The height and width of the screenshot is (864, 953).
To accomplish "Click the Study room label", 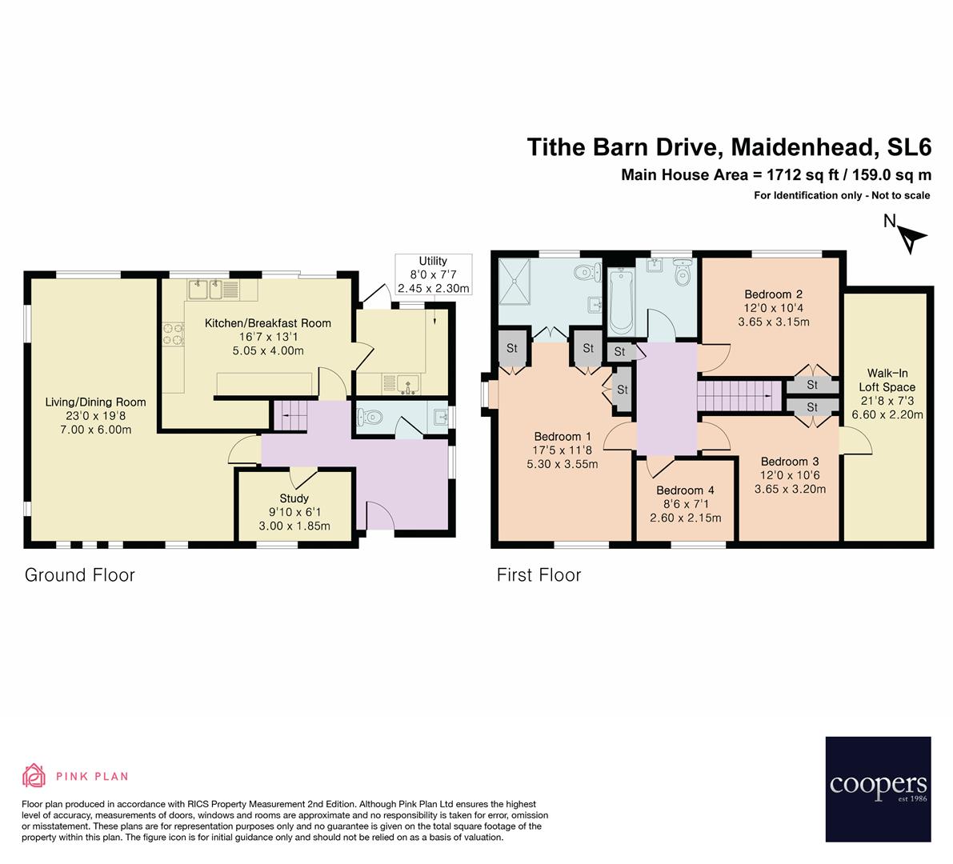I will tap(294, 498).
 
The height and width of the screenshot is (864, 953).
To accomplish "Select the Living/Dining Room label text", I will tap(95, 402).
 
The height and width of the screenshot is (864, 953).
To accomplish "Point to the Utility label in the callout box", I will tap(433, 261).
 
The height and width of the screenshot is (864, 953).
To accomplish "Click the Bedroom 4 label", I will tap(685, 490).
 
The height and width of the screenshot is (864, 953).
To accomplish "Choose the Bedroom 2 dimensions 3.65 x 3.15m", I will tap(774, 322).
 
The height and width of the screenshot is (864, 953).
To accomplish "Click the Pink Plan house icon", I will tap(34, 775).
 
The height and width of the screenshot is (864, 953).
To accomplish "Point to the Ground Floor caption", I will tap(80, 574).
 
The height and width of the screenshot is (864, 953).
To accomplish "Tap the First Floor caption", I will tap(539, 574).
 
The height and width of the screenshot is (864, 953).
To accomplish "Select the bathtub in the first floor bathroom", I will tap(621, 302).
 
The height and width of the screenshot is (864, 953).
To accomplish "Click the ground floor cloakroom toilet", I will tap(369, 417).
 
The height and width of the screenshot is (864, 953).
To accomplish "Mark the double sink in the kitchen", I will tap(204, 289).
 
